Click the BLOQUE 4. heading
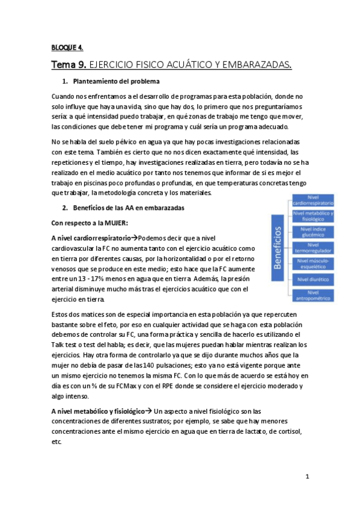(67, 48)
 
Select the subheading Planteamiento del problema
(115, 81)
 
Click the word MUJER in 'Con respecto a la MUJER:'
(112, 222)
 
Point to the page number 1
(307, 477)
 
